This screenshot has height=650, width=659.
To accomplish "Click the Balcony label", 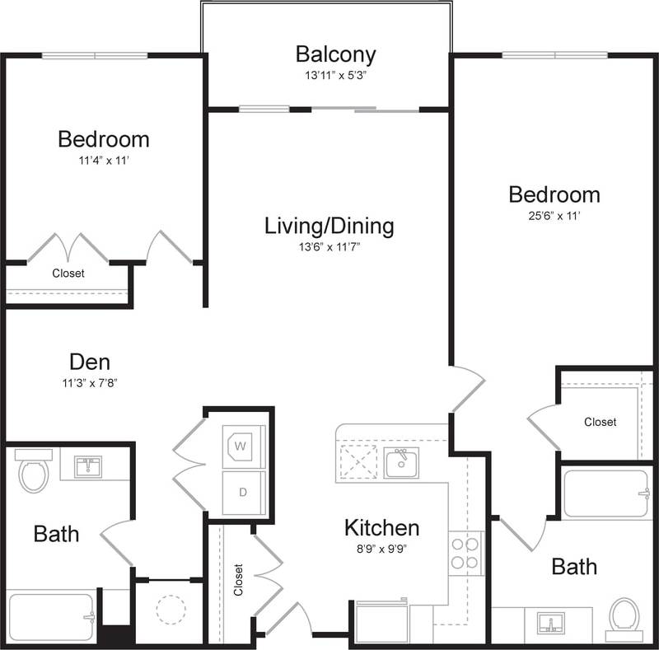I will click(x=335, y=55).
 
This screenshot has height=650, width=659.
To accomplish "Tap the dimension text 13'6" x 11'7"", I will click(x=329, y=246).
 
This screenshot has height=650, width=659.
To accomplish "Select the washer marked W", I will click(x=243, y=447).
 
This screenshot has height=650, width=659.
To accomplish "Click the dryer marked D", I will click(x=243, y=493).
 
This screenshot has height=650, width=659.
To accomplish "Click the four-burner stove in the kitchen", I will click(x=465, y=553).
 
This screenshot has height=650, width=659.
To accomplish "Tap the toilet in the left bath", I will click(x=34, y=472).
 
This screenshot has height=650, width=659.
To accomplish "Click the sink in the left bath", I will click(x=88, y=466).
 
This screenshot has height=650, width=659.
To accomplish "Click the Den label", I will click(x=90, y=362).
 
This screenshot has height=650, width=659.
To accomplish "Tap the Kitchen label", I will click(x=381, y=527).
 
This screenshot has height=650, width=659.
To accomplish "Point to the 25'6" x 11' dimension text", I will click(x=554, y=217).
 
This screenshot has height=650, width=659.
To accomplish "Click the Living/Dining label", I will click(x=329, y=225).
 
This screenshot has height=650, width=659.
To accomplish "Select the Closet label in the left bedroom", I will click(x=68, y=273).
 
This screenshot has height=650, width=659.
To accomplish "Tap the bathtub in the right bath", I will click(x=606, y=493).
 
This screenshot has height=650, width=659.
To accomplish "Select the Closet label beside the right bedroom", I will click(x=600, y=422).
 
